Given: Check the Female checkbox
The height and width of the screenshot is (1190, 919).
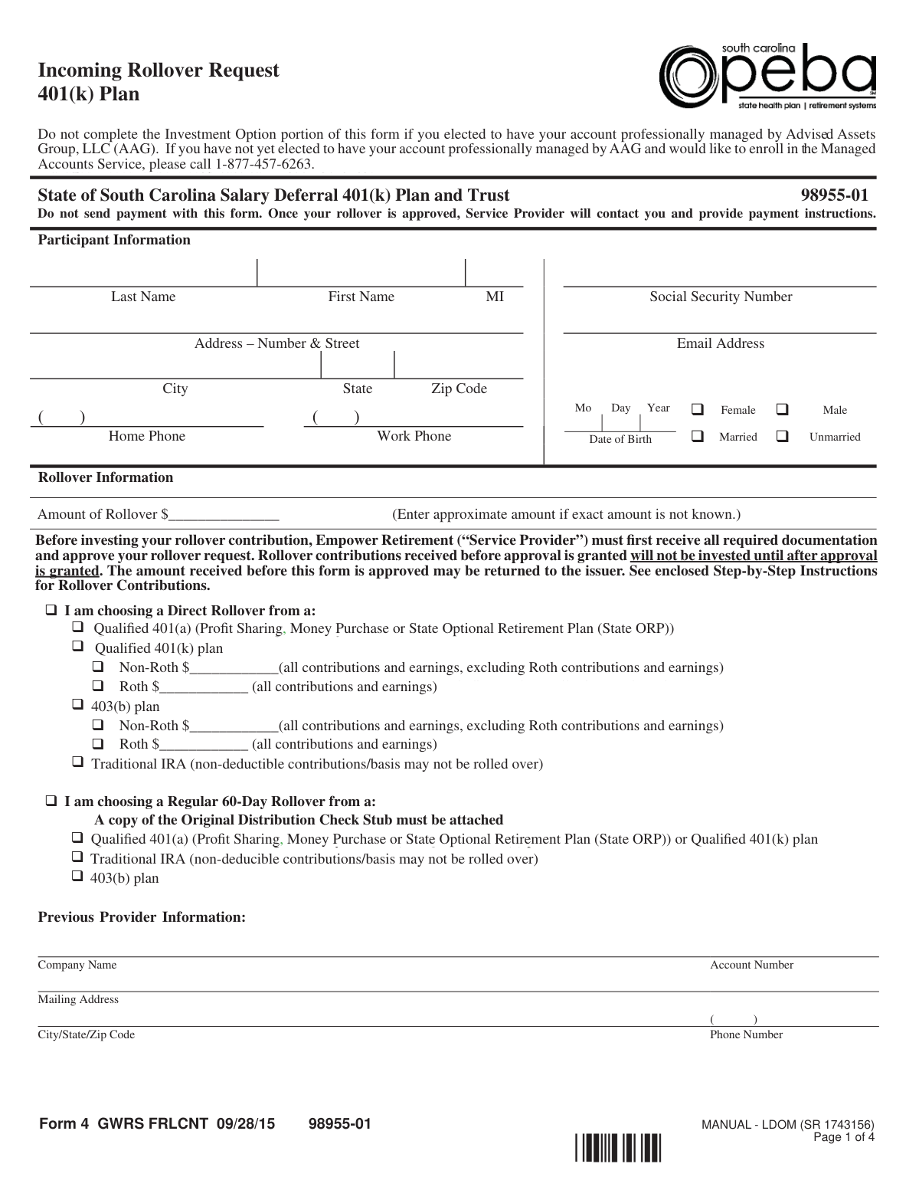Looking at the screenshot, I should (x=698, y=409).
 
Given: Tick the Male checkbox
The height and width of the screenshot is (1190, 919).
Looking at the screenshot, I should (x=782, y=409).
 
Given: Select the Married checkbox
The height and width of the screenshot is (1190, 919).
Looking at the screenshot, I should (x=698, y=436).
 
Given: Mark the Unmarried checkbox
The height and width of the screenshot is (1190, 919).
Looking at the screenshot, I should (x=782, y=436).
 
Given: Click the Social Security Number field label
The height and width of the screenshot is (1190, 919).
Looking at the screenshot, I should (x=721, y=297).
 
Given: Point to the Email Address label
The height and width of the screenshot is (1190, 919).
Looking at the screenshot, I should (x=720, y=343).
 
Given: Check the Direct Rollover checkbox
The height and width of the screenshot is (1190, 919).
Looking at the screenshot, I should (x=51, y=611).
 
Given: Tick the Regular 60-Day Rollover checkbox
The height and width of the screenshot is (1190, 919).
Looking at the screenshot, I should (x=51, y=802).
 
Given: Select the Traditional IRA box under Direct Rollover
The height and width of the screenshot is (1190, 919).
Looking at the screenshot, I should (x=78, y=762).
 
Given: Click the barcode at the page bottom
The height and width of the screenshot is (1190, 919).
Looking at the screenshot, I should (x=617, y=1147).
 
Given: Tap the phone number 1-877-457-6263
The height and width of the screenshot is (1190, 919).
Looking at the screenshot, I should (x=264, y=165).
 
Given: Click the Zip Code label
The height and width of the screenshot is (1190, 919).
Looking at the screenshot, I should (x=459, y=388).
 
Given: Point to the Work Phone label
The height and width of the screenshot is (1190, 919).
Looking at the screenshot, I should (x=414, y=436).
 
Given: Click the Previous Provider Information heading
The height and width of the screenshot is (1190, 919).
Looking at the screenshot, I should (x=142, y=917).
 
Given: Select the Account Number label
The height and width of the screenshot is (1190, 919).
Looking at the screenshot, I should (x=751, y=965).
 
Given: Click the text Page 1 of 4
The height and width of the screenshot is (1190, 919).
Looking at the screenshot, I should (x=843, y=1137).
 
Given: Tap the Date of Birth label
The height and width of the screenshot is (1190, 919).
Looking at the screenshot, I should (x=620, y=439).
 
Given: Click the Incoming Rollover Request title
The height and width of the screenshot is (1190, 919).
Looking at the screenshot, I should (x=159, y=70).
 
